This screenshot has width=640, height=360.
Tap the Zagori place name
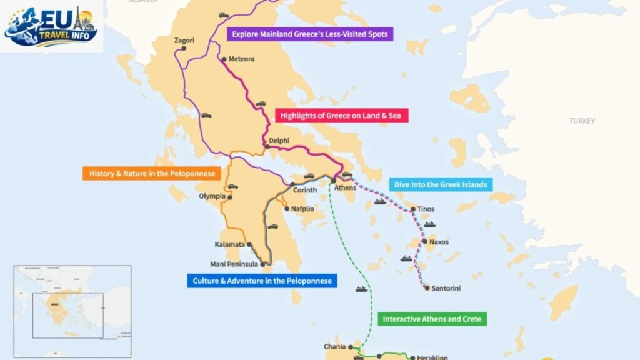(184, 41)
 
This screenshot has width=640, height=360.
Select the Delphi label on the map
(279, 141)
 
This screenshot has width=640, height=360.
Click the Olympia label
(212, 196)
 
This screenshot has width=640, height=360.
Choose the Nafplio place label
(302, 209)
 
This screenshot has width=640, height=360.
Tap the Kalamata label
(229, 244)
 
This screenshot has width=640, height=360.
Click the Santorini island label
(446, 288)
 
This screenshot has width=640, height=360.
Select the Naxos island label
(439, 242)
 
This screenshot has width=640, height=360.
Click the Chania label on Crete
(334, 347)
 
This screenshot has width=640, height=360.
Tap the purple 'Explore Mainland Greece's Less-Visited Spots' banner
(310, 34)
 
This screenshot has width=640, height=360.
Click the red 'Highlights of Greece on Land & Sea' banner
(342, 115)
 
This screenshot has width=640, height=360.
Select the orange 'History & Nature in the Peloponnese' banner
(152, 173)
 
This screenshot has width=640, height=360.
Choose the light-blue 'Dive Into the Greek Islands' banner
(440, 184)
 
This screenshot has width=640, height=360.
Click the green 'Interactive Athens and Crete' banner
(432, 319)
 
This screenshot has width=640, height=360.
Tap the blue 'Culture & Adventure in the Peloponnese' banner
(262, 281)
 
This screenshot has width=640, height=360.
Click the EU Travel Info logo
(51, 26)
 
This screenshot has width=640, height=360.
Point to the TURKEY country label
(582, 121)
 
